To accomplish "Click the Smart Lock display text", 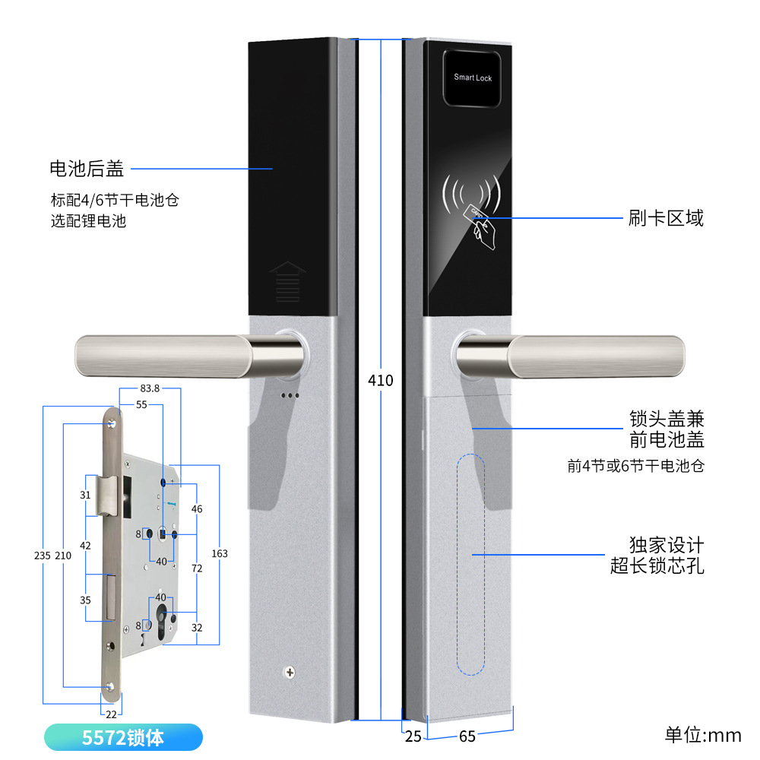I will [473, 78].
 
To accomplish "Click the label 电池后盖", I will [86, 168].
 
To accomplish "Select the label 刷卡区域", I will [666, 219].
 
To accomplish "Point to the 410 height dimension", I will [380, 379].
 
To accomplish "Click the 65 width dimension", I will [467, 736].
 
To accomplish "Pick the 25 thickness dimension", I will [413, 736].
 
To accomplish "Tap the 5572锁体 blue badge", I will [123, 737].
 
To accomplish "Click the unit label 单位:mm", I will [702, 735].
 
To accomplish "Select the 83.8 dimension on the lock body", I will [150, 388].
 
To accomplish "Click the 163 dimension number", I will [220, 553].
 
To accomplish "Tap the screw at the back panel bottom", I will [289, 672].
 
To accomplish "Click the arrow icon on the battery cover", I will [287, 281].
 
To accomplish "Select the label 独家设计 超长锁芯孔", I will [657, 556].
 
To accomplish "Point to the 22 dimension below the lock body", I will [111, 714].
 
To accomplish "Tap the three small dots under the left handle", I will [290, 395].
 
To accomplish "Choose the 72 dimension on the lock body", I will [197, 568].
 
